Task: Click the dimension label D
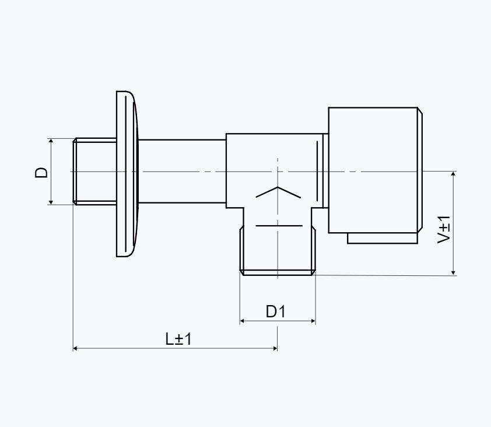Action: tap(41, 173)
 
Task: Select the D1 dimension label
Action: tap(276, 311)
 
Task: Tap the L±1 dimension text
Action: tap(178, 339)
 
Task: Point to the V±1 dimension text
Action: tap(444, 230)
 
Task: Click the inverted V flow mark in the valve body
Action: tap(278, 192)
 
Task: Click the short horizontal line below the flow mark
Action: tap(279, 226)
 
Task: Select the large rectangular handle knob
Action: tap(376, 170)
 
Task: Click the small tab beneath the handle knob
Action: tap(383, 238)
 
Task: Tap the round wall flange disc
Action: tap(127, 174)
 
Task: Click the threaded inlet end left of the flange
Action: tap(94, 171)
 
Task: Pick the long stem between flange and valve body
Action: tap(182, 171)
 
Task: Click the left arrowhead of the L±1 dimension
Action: tap(76, 348)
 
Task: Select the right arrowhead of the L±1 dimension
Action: tap(274, 348)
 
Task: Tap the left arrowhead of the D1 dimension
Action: tap(243, 321)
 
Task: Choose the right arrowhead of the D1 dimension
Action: tap(313, 321)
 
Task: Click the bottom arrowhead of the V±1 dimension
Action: tap(453, 272)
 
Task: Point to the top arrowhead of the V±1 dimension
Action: tap(453, 174)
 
